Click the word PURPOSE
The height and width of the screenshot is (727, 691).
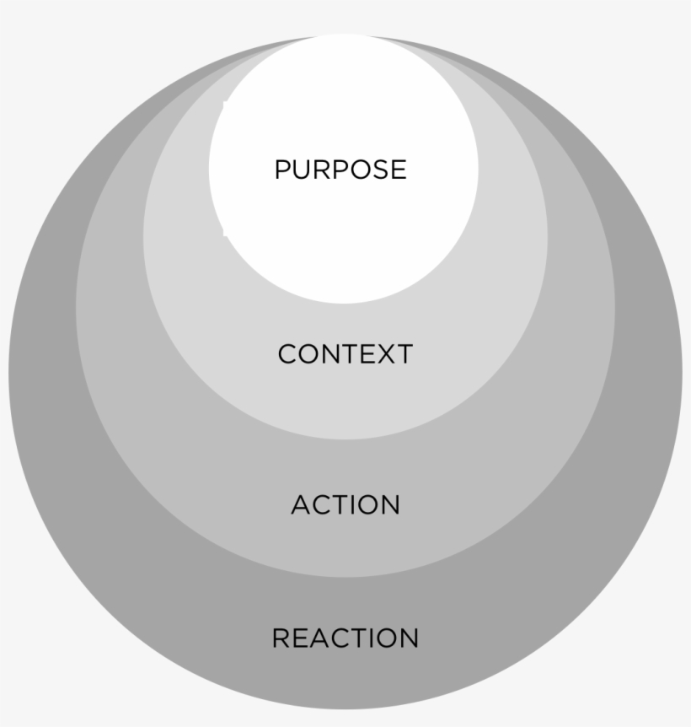pyautogui.click(x=340, y=170)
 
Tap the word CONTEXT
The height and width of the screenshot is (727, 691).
pyautogui.click(x=345, y=354)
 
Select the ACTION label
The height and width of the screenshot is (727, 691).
pyautogui.click(x=345, y=505)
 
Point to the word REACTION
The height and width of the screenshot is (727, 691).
pyautogui.click(x=345, y=638)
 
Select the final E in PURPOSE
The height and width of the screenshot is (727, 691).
pyautogui.click(x=399, y=170)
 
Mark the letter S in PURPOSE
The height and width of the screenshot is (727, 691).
pyautogui.click(x=379, y=170)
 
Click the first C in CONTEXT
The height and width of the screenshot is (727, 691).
pyautogui.click(x=287, y=354)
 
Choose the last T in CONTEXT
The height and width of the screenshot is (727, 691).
pyautogui.click(x=403, y=354)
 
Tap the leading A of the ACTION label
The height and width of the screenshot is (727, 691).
pyautogui.click(x=301, y=505)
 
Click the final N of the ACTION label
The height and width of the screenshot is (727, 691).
pyautogui.click(x=390, y=505)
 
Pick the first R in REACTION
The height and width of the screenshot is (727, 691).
pyautogui.click(x=281, y=638)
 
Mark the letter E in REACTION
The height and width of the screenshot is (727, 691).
pyautogui.click(x=299, y=638)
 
